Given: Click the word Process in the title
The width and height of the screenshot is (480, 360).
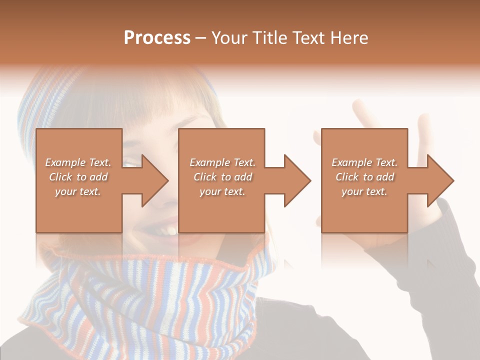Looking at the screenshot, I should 157,38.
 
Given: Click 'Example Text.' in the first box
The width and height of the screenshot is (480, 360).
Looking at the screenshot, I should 78,162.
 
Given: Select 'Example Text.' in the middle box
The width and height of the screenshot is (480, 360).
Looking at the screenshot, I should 222,162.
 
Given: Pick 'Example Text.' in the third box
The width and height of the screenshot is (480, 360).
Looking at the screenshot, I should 364,162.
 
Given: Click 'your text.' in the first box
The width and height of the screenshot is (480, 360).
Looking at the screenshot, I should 78,191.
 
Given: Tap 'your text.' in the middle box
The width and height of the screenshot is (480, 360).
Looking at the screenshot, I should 222,191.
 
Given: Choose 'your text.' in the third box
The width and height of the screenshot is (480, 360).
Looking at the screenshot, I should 364,191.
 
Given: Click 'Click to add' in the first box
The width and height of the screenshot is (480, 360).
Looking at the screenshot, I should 78,177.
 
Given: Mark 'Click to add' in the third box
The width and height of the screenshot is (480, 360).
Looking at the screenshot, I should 364,177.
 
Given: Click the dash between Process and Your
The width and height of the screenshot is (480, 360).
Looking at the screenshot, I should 201,38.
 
